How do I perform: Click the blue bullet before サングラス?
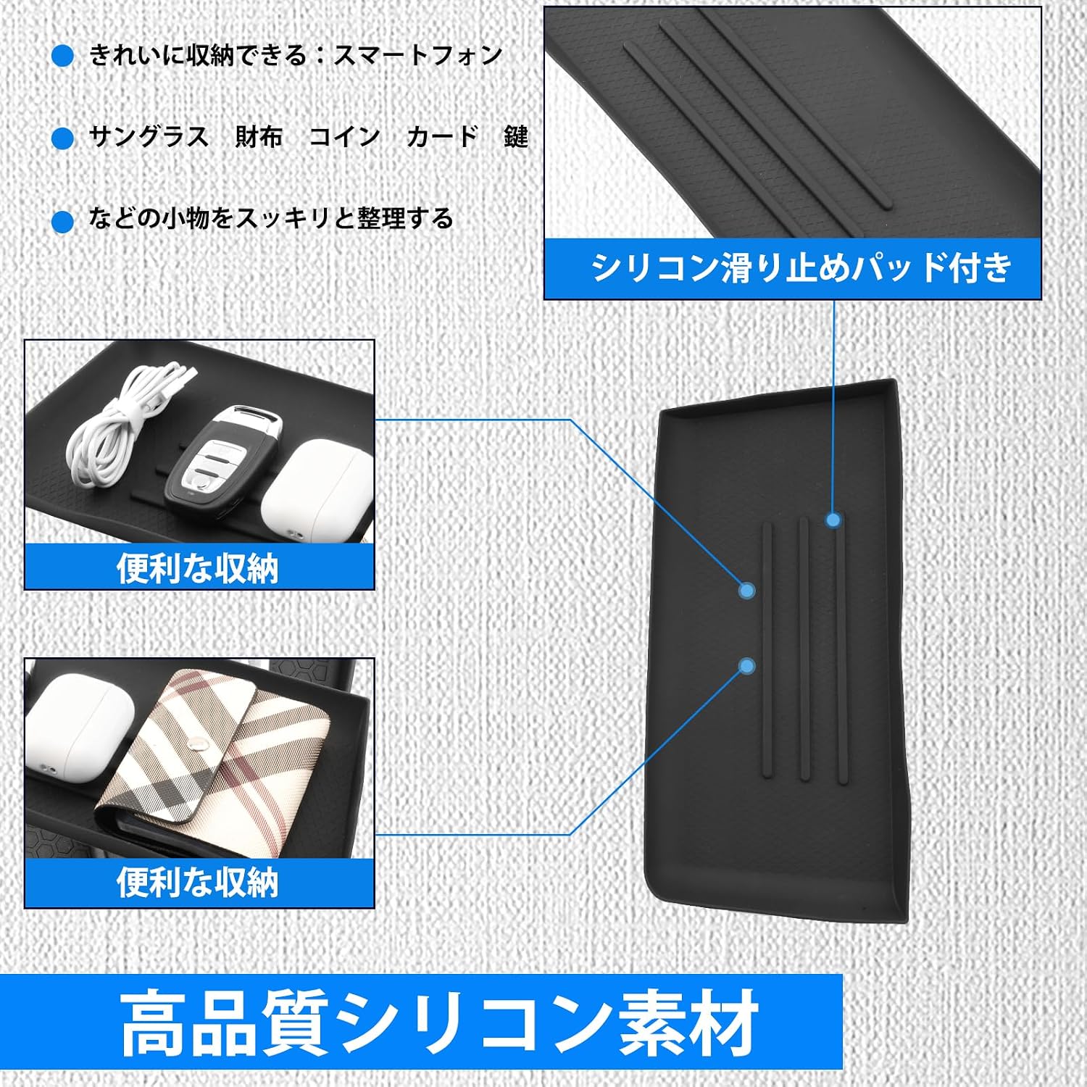coord(63,138)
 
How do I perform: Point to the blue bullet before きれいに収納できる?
coord(63,56)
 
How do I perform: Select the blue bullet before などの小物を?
coord(63,221)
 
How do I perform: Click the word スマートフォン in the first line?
coord(418,55)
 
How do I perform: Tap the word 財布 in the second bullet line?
coord(259,136)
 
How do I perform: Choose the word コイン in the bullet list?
coord(345,136)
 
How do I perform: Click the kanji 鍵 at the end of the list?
coord(516,136)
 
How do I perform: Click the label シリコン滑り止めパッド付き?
coord(801,267)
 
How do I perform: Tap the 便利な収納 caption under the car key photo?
coord(198,569)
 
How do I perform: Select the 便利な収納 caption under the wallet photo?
coord(198,883)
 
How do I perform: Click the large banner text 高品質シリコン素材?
coord(439,1023)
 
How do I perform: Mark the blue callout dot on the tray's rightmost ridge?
coord(833,520)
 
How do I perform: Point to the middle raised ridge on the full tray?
coord(803,649)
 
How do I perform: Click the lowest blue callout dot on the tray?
coord(747,666)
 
